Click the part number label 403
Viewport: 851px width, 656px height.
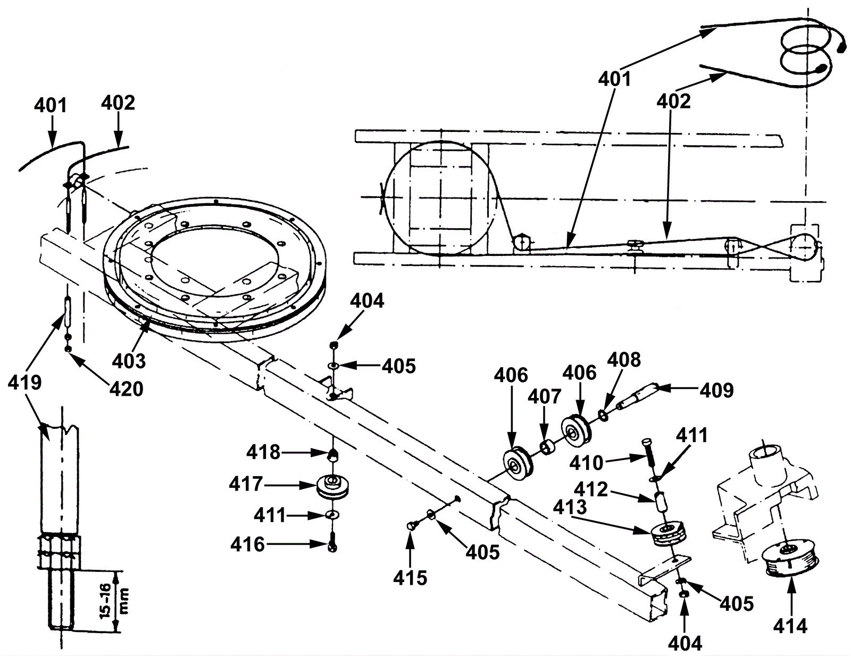tap(129, 361)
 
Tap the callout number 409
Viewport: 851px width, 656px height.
tap(716, 390)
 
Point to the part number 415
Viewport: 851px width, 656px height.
tap(410, 578)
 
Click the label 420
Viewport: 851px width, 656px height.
tap(126, 389)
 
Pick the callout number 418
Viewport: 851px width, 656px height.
tap(263, 453)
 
